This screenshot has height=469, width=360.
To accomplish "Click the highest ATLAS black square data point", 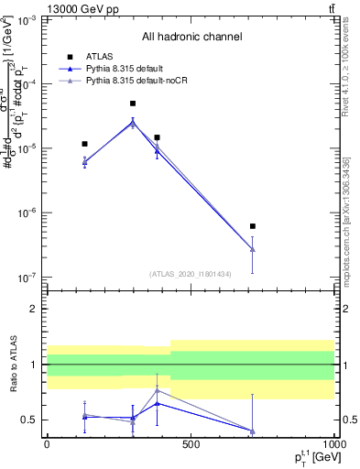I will (x=133, y=104).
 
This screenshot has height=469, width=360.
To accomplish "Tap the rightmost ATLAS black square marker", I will (x=252, y=225).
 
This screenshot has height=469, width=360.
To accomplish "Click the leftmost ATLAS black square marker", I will (x=84, y=144).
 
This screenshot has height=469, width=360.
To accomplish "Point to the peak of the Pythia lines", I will (x=133, y=121).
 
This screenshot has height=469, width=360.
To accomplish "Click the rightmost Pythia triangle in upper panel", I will (x=252, y=249).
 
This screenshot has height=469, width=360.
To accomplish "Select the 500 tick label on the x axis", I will (x=190, y=443).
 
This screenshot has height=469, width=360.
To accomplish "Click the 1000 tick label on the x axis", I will (x=333, y=443).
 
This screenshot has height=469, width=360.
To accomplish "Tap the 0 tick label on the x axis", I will (x=47, y=443).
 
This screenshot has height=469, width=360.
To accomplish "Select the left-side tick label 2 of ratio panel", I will (x=33, y=309).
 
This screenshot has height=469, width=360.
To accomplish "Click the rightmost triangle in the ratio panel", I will (x=252, y=431).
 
